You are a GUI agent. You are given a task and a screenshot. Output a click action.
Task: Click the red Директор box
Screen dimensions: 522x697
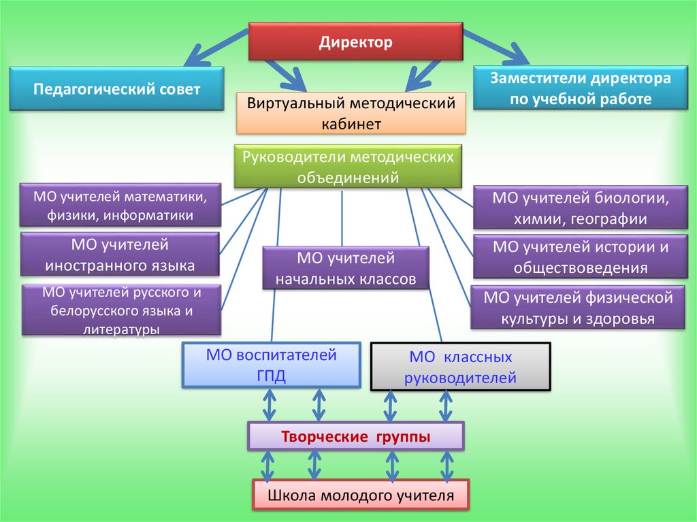[355, 42]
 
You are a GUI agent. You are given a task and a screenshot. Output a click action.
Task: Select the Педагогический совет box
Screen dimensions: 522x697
[117, 88]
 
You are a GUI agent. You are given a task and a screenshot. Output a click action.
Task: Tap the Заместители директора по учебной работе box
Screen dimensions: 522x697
[580, 88]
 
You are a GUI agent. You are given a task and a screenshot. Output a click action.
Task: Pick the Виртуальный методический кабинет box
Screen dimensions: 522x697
[351, 113]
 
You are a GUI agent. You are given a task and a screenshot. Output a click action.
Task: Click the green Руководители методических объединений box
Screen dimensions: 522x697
[347, 167]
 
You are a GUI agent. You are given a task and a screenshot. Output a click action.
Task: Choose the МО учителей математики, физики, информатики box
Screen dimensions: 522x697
[120, 205]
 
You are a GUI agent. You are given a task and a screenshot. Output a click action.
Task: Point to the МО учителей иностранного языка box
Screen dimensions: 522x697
[120, 254]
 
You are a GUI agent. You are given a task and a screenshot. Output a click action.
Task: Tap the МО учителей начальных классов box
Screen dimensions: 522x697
[346, 268]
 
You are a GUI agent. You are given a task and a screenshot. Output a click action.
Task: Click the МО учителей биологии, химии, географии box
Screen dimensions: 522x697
[580, 208]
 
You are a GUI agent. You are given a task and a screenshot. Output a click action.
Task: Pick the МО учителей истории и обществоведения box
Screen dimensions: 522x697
[580, 257]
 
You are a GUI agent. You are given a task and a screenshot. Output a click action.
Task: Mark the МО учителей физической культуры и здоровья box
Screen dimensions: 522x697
[578, 308]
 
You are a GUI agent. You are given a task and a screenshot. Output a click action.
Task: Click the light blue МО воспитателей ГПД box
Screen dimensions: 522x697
[271, 365]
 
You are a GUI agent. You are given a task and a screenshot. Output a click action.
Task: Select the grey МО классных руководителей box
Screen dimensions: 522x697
[460, 366]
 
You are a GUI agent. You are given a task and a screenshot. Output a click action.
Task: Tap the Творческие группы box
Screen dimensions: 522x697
[355, 436]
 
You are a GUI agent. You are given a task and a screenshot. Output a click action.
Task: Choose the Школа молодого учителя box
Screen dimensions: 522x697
[361, 495]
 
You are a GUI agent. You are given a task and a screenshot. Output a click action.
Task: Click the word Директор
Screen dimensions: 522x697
[355, 42]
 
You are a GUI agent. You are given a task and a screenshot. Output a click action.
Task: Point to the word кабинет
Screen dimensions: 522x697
[351, 123]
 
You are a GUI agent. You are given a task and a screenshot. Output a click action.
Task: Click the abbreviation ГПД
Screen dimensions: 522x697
[271, 376]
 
